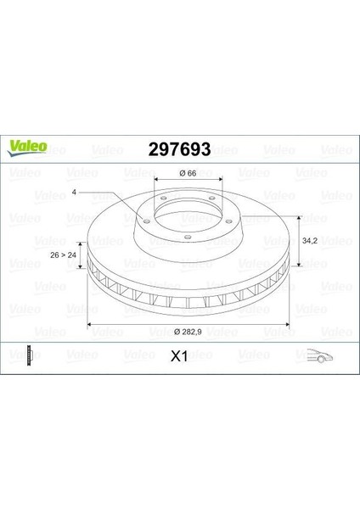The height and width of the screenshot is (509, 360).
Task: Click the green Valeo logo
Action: (27, 148)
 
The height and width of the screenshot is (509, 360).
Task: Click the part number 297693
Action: (179, 149)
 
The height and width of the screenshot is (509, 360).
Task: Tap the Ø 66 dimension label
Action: (188, 173)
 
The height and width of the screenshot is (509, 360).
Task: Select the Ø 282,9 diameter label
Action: (188, 332)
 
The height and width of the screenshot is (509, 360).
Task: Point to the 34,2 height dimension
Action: (310, 241)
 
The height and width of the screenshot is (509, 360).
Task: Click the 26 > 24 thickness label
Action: (64, 255)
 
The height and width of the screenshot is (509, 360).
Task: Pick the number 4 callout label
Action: (74, 193)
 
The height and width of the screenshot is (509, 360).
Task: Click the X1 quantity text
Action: (179, 357)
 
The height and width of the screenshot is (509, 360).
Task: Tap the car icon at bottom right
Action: (320, 355)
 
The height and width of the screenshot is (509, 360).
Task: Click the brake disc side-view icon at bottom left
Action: (31, 355)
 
